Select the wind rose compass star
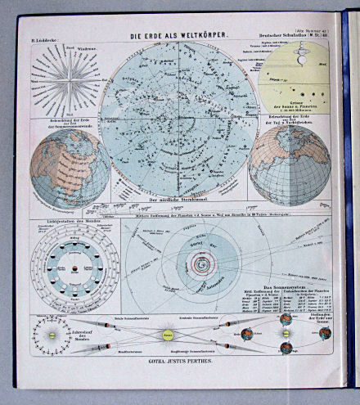[65, 81]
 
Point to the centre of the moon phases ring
[74, 268]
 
